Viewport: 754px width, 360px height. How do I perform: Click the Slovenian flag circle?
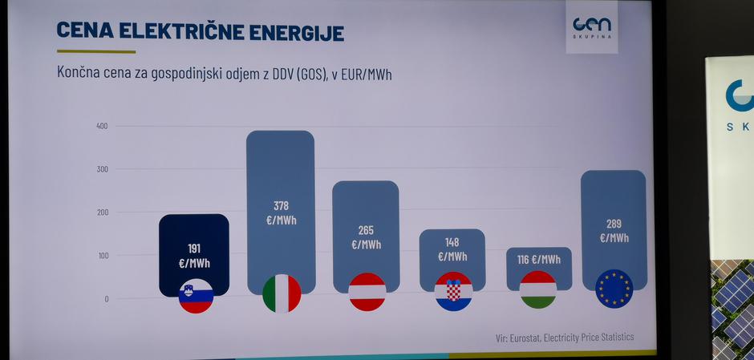196,296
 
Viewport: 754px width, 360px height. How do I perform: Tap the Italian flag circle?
282,293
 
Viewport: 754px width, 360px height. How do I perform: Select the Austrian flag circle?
367,292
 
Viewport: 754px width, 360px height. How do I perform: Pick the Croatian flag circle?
453,291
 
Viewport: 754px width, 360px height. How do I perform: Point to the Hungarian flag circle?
538,289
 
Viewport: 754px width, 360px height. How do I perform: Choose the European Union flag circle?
614,289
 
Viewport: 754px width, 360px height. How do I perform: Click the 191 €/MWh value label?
193,255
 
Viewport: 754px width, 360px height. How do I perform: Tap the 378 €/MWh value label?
281,212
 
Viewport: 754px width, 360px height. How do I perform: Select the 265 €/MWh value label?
366,237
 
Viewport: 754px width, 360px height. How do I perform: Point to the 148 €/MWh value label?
452,249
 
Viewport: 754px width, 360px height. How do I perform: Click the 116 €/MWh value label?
538,260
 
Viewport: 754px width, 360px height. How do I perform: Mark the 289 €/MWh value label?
614,231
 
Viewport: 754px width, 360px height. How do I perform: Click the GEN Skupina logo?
591,28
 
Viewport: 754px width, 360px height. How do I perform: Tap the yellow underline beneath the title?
96,51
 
